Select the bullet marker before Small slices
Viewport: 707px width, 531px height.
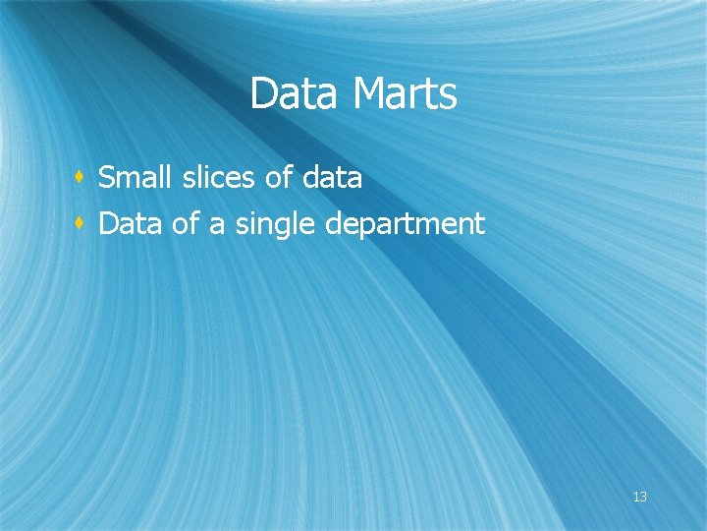tap(79, 178)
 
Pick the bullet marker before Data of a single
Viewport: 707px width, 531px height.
tap(79, 224)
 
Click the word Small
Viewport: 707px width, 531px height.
tap(131, 178)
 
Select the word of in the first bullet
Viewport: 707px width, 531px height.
tap(279, 178)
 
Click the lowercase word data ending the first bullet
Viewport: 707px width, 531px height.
tap(333, 178)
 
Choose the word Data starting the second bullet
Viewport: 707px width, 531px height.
tap(132, 224)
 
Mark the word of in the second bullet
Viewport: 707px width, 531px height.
tap(185, 224)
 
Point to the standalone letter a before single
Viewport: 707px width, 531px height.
tap(216, 225)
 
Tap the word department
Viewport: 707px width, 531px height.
tap(405, 225)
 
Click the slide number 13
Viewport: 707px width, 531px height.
tap(639, 497)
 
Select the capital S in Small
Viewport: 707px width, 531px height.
tap(108, 178)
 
